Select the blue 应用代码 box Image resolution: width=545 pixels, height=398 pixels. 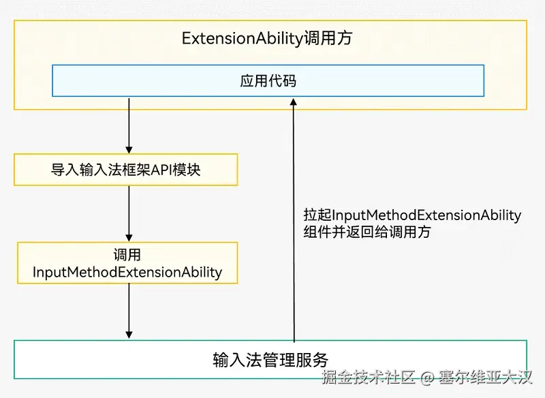(268, 81)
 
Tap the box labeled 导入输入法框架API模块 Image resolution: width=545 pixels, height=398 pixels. (126, 170)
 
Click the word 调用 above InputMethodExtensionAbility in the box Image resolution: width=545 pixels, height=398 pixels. (127, 256)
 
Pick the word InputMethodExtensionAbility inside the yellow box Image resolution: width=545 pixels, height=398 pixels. (127, 273)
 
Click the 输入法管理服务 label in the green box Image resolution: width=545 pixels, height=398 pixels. (270, 359)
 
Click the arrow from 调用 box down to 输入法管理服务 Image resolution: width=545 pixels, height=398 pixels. (129, 307)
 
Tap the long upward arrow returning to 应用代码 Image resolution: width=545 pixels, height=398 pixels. (294, 218)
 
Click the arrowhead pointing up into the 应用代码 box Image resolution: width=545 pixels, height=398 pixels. (294, 102)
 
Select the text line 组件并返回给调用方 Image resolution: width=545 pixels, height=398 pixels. (367, 232)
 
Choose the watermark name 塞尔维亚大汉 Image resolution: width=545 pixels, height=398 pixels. (485, 377)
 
